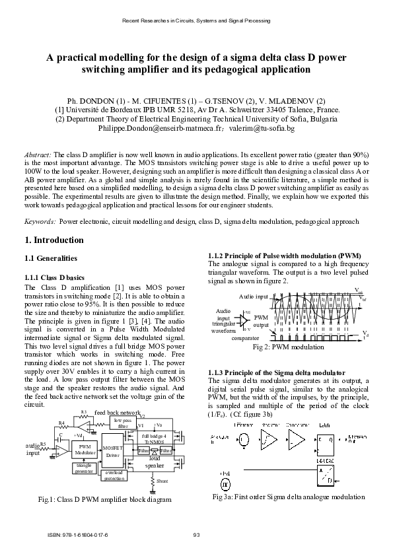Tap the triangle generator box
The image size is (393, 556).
pos(84,469)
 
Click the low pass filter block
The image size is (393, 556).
pos(122,423)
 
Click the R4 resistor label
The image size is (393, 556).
pos(61,423)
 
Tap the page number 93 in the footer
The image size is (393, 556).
pos(196,534)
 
